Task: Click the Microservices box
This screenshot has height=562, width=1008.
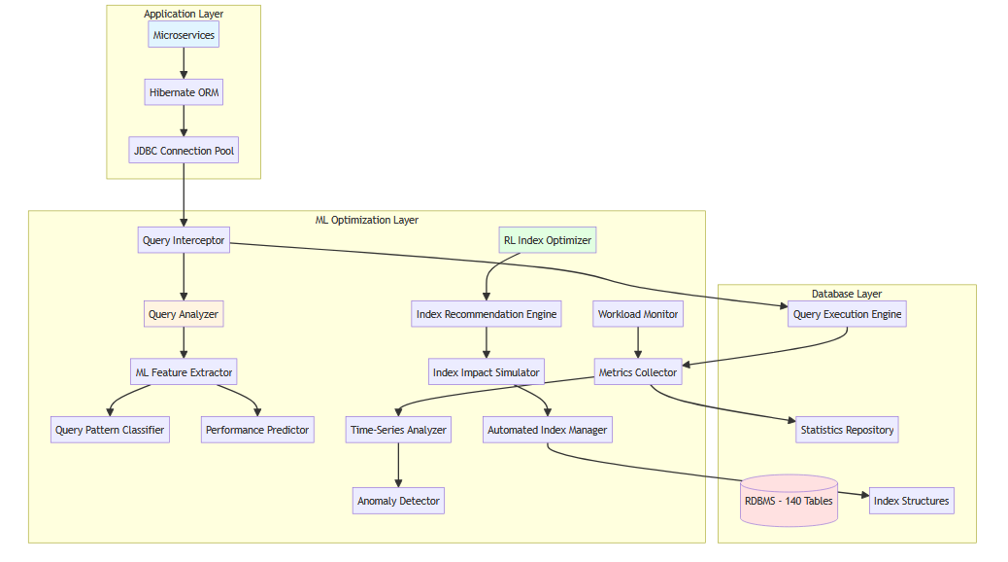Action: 184,35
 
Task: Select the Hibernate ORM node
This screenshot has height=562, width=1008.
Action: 184,93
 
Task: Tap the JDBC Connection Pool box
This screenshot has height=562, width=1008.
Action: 184,151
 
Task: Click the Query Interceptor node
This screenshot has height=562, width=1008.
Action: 184,240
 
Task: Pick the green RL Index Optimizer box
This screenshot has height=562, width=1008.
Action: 548,240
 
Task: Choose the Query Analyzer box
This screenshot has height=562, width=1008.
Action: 184,314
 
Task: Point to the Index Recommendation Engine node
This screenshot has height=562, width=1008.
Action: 487,314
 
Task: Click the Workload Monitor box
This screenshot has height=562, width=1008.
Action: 638,314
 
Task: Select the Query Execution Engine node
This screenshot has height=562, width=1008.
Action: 847,314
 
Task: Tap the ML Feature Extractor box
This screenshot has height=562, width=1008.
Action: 184,371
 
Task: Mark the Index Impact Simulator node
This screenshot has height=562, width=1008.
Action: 487,371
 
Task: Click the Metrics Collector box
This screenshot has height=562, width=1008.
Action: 638,371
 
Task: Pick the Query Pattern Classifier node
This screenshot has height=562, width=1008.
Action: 110,430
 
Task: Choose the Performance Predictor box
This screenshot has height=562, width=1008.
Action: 257,430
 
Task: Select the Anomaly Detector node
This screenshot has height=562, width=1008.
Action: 398,501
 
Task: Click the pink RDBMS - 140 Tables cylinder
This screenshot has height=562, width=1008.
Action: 789,501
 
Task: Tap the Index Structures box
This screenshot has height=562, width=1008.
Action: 912,501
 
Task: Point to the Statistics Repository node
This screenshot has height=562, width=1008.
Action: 847,430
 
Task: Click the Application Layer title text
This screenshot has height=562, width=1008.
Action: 184,14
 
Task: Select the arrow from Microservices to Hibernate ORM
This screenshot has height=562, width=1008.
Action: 184,63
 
